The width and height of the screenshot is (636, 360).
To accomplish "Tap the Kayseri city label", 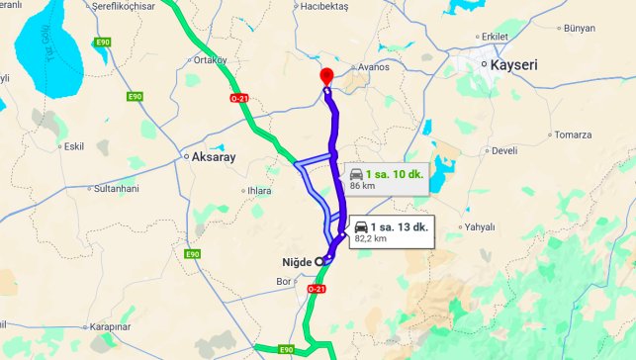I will pyautogui.click(x=515, y=65).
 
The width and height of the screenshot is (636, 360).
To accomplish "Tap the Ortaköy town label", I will pyautogui.click(x=209, y=59).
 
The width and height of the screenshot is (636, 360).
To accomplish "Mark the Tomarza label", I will pyautogui.click(x=573, y=135).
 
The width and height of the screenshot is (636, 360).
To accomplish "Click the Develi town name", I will pyautogui.click(x=504, y=150).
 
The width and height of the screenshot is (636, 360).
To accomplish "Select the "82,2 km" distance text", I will pyautogui.click(x=370, y=238).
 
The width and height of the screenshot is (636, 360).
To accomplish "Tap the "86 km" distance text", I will pyautogui.click(x=362, y=185).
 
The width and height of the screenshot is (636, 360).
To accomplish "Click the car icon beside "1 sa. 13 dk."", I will pyautogui.click(x=361, y=226).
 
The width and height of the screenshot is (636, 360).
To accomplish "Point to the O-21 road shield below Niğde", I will pyautogui.click(x=316, y=289).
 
